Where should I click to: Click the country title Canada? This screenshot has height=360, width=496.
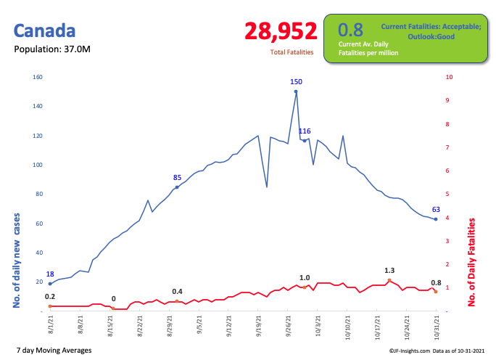pyautogui.click(x=45, y=31)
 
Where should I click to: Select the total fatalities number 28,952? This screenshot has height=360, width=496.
pyautogui.click(x=281, y=31)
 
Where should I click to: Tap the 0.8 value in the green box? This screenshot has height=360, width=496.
pyautogui.click(x=350, y=30)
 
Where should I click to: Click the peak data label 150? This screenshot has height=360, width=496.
pyautogui.click(x=296, y=82)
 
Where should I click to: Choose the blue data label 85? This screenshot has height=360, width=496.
pyautogui.click(x=177, y=178)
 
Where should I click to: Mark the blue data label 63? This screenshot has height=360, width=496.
pyautogui.click(x=436, y=210)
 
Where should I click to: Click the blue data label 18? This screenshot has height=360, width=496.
pyautogui.click(x=50, y=274)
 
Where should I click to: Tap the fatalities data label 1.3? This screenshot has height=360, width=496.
pyautogui.click(x=389, y=271)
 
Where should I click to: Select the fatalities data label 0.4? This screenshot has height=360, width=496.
pyautogui.click(x=177, y=292)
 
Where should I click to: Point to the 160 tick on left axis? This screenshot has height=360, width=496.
pyautogui.click(x=38, y=77)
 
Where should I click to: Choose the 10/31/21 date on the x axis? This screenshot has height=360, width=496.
pyautogui.click(x=436, y=324)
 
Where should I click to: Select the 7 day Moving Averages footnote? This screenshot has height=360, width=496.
pyautogui.click(x=53, y=351)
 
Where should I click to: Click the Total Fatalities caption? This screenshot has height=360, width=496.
pyautogui.click(x=292, y=52)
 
